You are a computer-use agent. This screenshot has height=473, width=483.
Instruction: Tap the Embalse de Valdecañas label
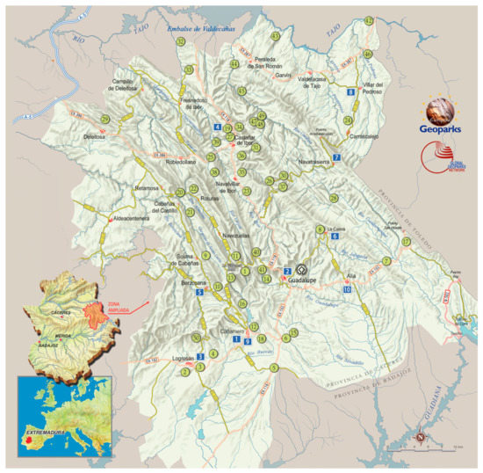point(204,28)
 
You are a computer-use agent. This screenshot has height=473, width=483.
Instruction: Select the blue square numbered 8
point(350,91)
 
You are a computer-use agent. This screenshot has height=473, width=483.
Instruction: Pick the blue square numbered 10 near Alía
point(347,289)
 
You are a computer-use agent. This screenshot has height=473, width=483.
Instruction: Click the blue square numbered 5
point(200,292)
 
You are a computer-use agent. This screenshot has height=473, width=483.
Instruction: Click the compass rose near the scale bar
point(421,438)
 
